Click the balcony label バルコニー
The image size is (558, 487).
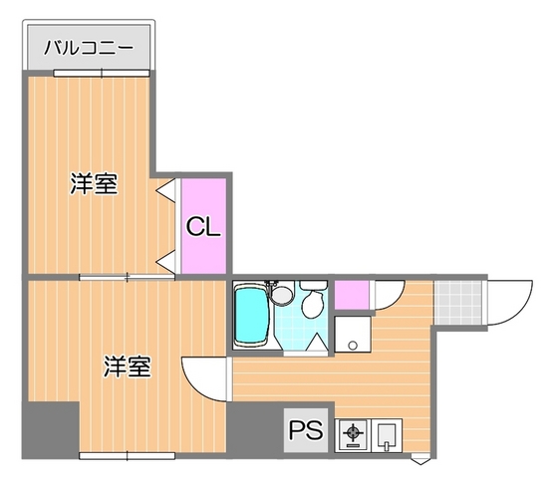(x=88, y=47)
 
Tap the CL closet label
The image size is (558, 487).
(x=203, y=227)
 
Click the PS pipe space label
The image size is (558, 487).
(x=305, y=431)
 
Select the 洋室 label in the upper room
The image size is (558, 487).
(x=94, y=184)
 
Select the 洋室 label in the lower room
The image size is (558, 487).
(x=127, y=366)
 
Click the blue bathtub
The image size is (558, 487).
(x=251, y=316)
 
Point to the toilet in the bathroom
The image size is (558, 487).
(x=314, y=301)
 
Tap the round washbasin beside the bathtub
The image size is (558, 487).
(x=283, y=294)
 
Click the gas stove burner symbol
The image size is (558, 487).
(x=353, y=433)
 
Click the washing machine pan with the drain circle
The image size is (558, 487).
(x=351, y=334)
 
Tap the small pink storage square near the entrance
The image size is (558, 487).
(x=351, y=296)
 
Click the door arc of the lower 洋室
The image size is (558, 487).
(x=203, y=377)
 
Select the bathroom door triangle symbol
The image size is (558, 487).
(x=317, y=344)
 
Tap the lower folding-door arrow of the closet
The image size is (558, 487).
(x=165, y=262)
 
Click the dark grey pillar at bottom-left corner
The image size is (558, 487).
(x=51, y=429)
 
